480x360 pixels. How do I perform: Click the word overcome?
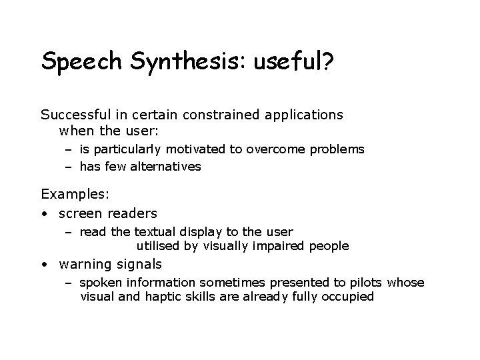(273, 149)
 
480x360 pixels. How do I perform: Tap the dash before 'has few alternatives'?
(69, 167)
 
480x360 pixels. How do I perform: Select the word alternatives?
(165, 167)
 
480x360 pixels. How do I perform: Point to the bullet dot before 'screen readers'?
(44, 214)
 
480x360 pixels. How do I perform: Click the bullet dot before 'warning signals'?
(44, 265)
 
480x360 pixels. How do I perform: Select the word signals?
(139, 265)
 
